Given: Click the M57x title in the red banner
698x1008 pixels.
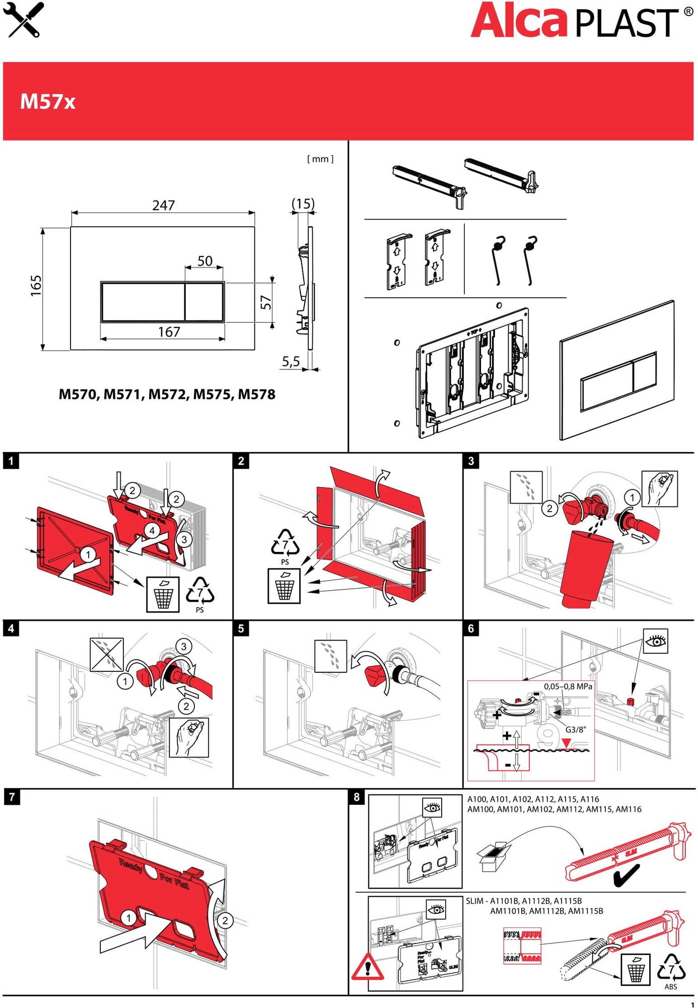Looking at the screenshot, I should (x=47, y=102).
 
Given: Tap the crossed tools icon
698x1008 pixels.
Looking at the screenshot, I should (x=24, y=20).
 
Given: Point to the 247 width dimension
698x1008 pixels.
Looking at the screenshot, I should (x=163, y=205).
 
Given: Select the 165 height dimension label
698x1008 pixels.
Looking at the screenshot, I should (x=36, y=286).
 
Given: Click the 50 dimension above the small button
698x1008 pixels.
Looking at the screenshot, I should (x=204, y=261).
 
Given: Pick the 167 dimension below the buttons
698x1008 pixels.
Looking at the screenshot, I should (x=169, y=332).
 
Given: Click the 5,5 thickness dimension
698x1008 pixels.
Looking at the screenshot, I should (x=291, y=361).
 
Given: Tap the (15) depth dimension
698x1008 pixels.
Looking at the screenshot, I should (x=303, y=204).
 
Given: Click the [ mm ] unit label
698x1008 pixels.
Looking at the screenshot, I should (x=320, y=159).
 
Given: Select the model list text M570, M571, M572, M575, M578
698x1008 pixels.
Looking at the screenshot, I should (x=167, y=394).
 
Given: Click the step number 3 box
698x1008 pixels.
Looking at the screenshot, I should (x=471, y=461).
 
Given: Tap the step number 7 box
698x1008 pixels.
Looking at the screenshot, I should (x=12, y=797).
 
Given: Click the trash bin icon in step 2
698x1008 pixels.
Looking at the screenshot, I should (x=284, y=586).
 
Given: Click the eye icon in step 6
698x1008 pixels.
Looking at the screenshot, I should (x=656, y=641).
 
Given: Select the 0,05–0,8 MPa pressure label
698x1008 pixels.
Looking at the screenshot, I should (x=568, y=686).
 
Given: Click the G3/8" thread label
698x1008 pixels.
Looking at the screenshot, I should (x=576, y=729).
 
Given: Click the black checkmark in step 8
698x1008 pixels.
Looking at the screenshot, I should (x=626, y=876).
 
